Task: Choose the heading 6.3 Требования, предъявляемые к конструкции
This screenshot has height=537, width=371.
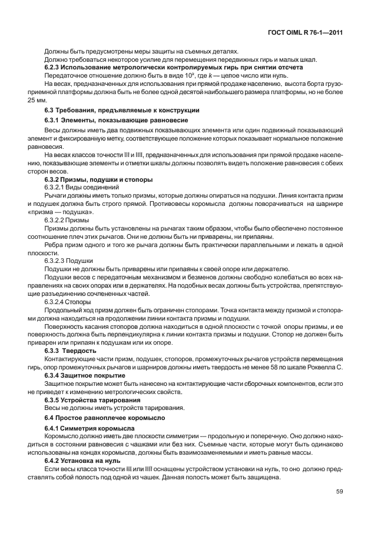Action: pyautogui.click(x=122, y=111)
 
